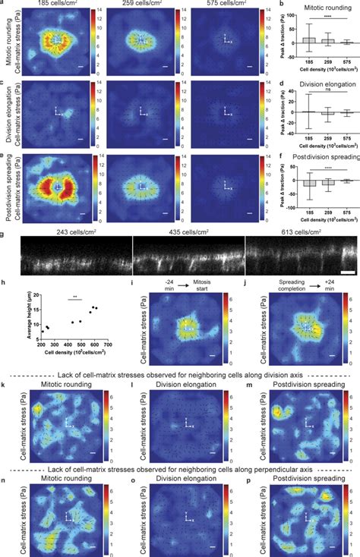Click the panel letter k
point(4,387)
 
